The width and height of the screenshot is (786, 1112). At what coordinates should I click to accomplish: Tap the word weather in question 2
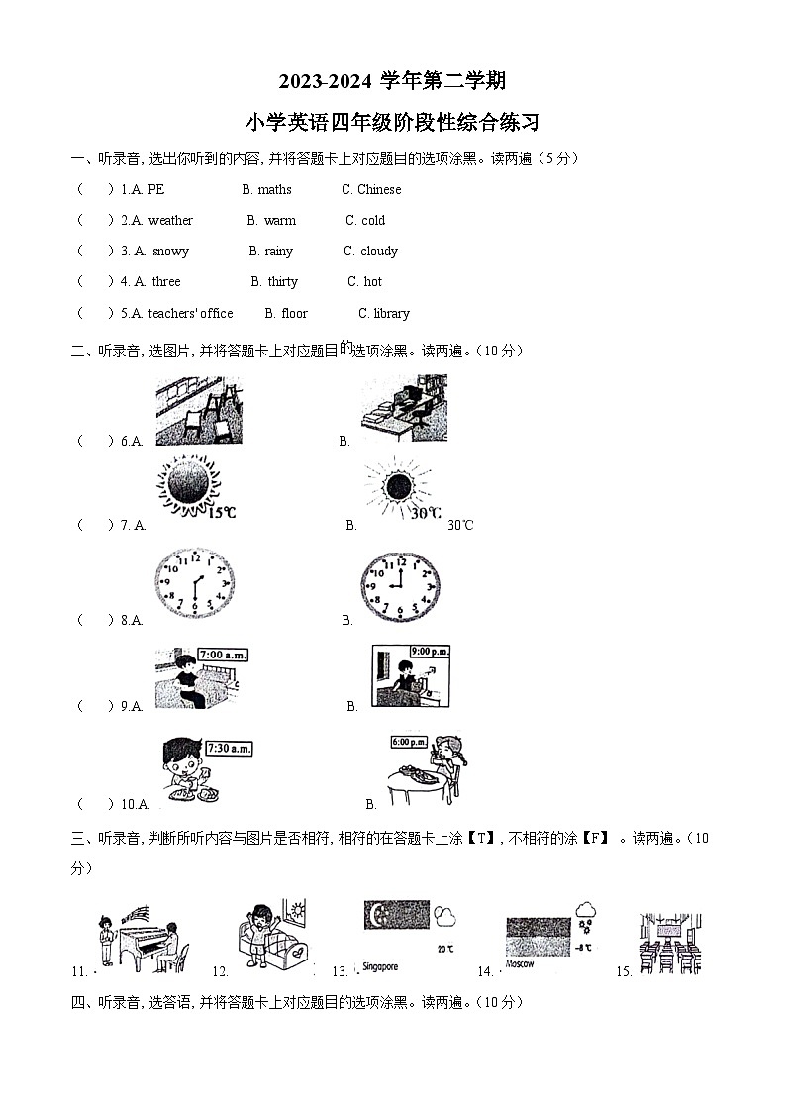pyautogui.click(x=170, y=220)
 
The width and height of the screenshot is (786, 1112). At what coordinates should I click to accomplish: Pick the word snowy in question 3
pyautogui.click(x=170, y=252)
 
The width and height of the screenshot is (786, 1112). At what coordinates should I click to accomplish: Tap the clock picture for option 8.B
pyautogui.click(x=400, y=586)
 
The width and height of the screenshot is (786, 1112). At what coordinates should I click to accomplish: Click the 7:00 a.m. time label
pyautogui.click(x=223, y=655)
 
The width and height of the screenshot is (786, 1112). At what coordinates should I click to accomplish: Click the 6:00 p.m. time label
pyautogui.click(x=409, y=742)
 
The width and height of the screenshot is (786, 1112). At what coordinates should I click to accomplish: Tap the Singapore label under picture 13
pyautogui.click(x=380, y=966)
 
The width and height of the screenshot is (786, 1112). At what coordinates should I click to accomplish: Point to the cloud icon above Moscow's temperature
pyautogui.click(x=587, y=909)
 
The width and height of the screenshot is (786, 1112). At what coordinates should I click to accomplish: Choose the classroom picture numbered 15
pyautogui.click(x=670, y=943)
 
